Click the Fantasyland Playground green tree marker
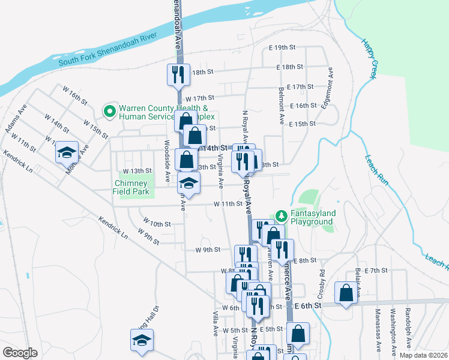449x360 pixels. pyautogui.click(x=280, y=215)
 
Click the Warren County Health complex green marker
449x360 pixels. pyautogui.click(x=109, y=111)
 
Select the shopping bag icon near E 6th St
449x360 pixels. pyautogui.click(x=346, y=293)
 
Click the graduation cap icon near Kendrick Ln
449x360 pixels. pyautogui.click(x=68, y=152)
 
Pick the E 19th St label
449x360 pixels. pyautogui.click(x=283, y=47)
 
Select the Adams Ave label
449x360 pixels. pyautogui.click(x=16, y=121)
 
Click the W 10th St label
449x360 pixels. pyautogui.click(x=158, y=224)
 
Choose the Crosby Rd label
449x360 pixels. pyautogui.click(x=322, y=281)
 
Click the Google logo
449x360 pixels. pyautogui.click(x=20, y=353)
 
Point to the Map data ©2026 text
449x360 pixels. pyautogui.click(x=423, y=355)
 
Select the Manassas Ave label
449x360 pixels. pyautogui.click(x=379, y=331)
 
